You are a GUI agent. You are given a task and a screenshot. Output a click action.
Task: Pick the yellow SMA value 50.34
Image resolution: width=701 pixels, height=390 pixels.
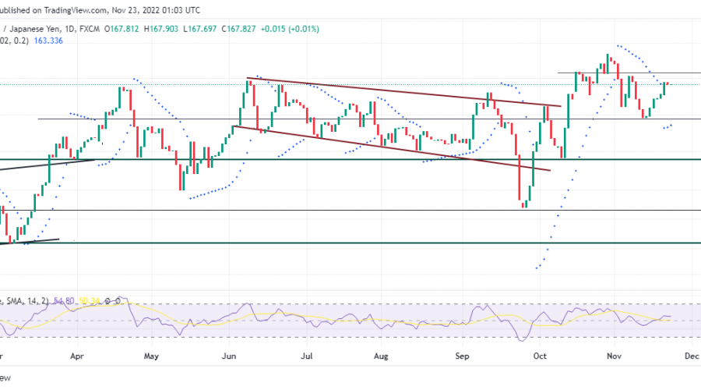tap(90, 300)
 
